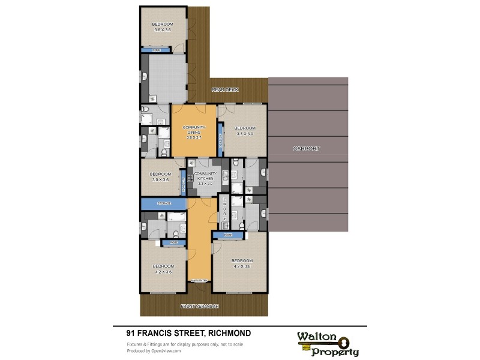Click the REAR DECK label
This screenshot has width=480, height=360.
225,90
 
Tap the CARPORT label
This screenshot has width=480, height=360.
307,148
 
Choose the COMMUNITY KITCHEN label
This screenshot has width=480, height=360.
205,176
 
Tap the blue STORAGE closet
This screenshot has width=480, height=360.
164,204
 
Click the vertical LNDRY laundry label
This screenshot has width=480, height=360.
224,209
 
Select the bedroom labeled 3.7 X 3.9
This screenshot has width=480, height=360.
245,130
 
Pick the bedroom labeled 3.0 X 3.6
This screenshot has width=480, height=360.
160,176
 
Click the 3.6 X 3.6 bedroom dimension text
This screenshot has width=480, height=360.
163,29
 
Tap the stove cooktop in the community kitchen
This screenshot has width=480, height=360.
193,178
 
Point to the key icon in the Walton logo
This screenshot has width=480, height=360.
343,342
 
